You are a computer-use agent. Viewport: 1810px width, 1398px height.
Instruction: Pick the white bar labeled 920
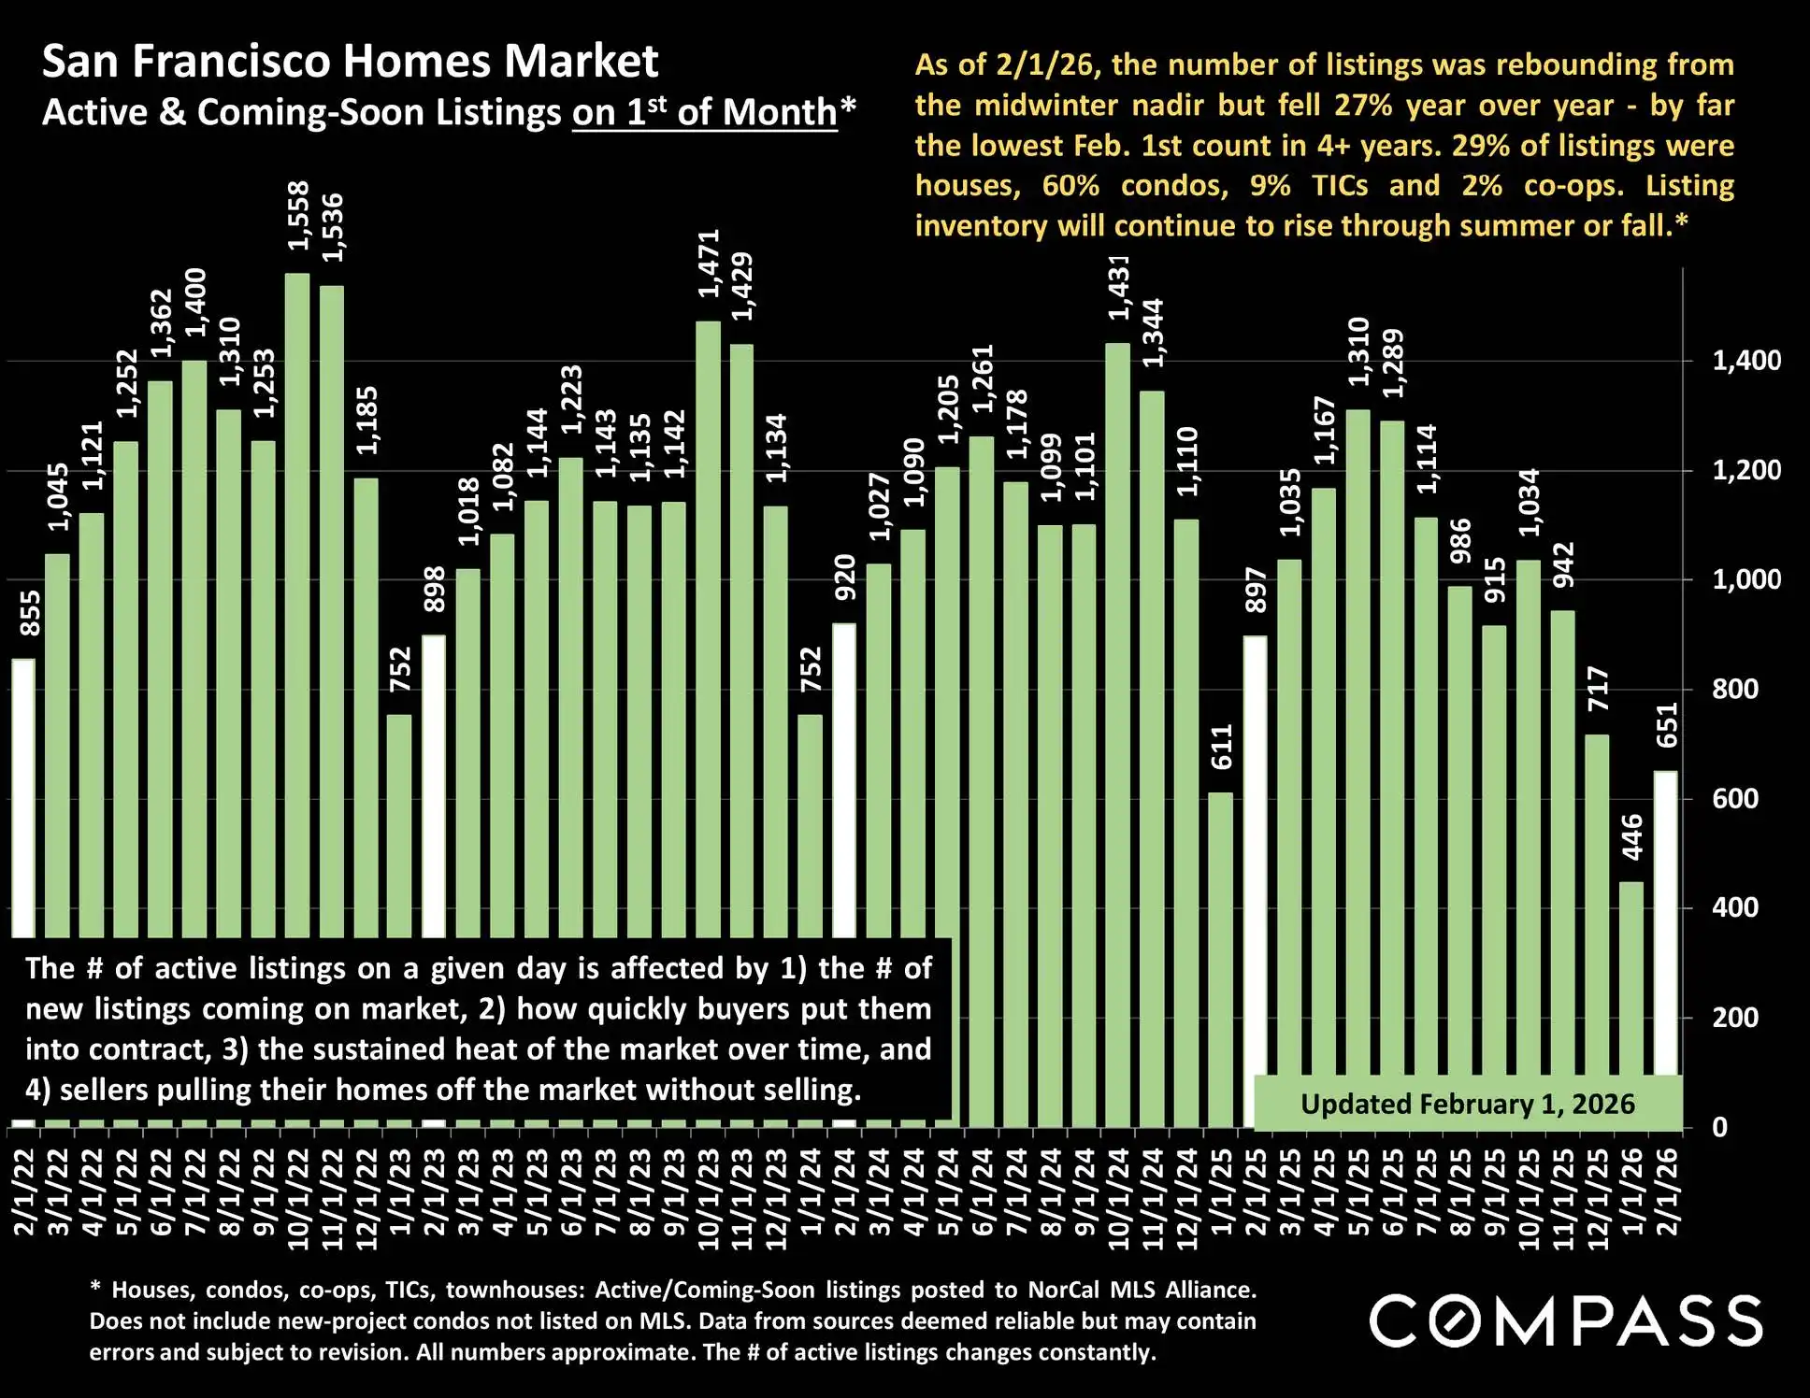[x=844, y=776]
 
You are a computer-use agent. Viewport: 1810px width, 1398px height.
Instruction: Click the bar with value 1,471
[x=708, y=626]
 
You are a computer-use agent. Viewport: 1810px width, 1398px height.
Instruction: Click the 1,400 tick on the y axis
[x=1745, y=361]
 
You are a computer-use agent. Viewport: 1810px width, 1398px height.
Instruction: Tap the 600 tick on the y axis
[x=1734, y=799]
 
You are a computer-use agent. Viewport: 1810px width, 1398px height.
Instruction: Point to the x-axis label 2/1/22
[x=24, y=1191]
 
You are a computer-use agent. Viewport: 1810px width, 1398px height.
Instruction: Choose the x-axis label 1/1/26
[x=1632, y=1191]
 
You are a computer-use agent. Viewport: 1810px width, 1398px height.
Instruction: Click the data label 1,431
[x=1119, y=288]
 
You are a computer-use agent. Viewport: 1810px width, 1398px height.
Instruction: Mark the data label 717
[x=1599, y=689]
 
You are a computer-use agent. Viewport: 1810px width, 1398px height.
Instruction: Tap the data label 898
[x=435, y=590]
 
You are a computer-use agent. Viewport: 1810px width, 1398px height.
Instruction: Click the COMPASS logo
[x=1566, y=1321]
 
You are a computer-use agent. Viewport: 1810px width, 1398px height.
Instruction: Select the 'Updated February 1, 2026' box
[x=1467, y=1104]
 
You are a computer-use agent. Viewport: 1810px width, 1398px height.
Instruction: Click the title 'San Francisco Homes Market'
[x=351, y=62]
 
